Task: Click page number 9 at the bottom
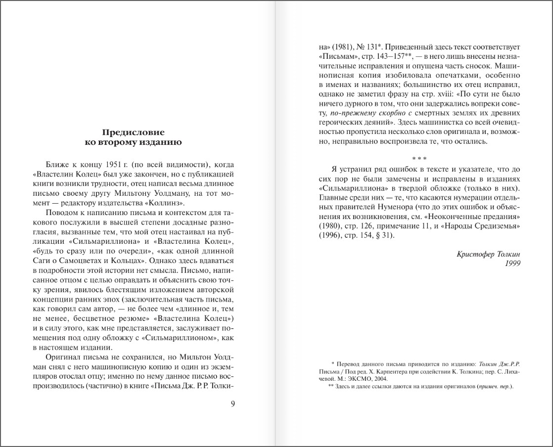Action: [x=233, y=403]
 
